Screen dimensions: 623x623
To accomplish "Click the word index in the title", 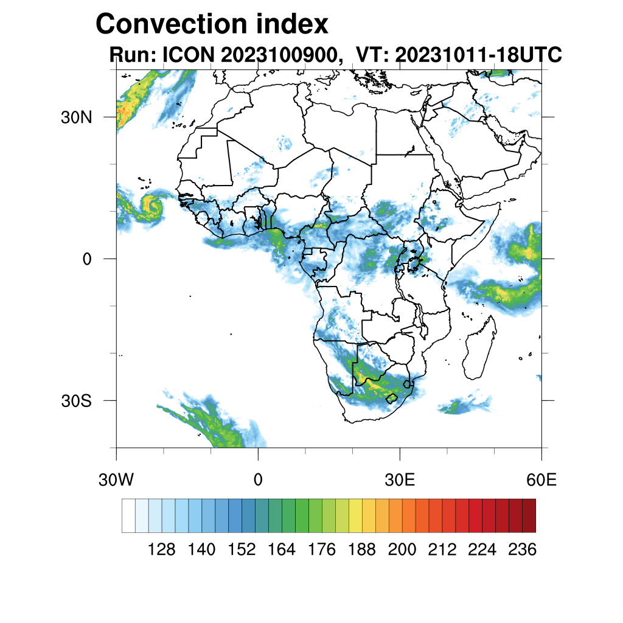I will click(x=292, y=24).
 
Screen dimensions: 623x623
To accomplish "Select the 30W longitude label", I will click(x=116, y=480).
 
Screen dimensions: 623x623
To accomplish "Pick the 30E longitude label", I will click(x=400, y=480).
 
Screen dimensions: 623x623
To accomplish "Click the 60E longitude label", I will click(x=541, y=480).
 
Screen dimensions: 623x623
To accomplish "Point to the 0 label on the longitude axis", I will click(x=258, y=480).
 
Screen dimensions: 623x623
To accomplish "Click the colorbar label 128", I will click(x=162, y=550).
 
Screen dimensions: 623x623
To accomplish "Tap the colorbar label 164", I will click(x=282, y=550).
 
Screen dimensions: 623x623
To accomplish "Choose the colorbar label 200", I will click(x=402, y=550).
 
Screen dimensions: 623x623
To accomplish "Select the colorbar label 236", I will click(x=522, y=550).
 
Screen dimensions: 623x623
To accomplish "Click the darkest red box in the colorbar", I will click(x=529, y=515).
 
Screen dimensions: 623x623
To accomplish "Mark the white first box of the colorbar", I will click(x=128, y=515).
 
